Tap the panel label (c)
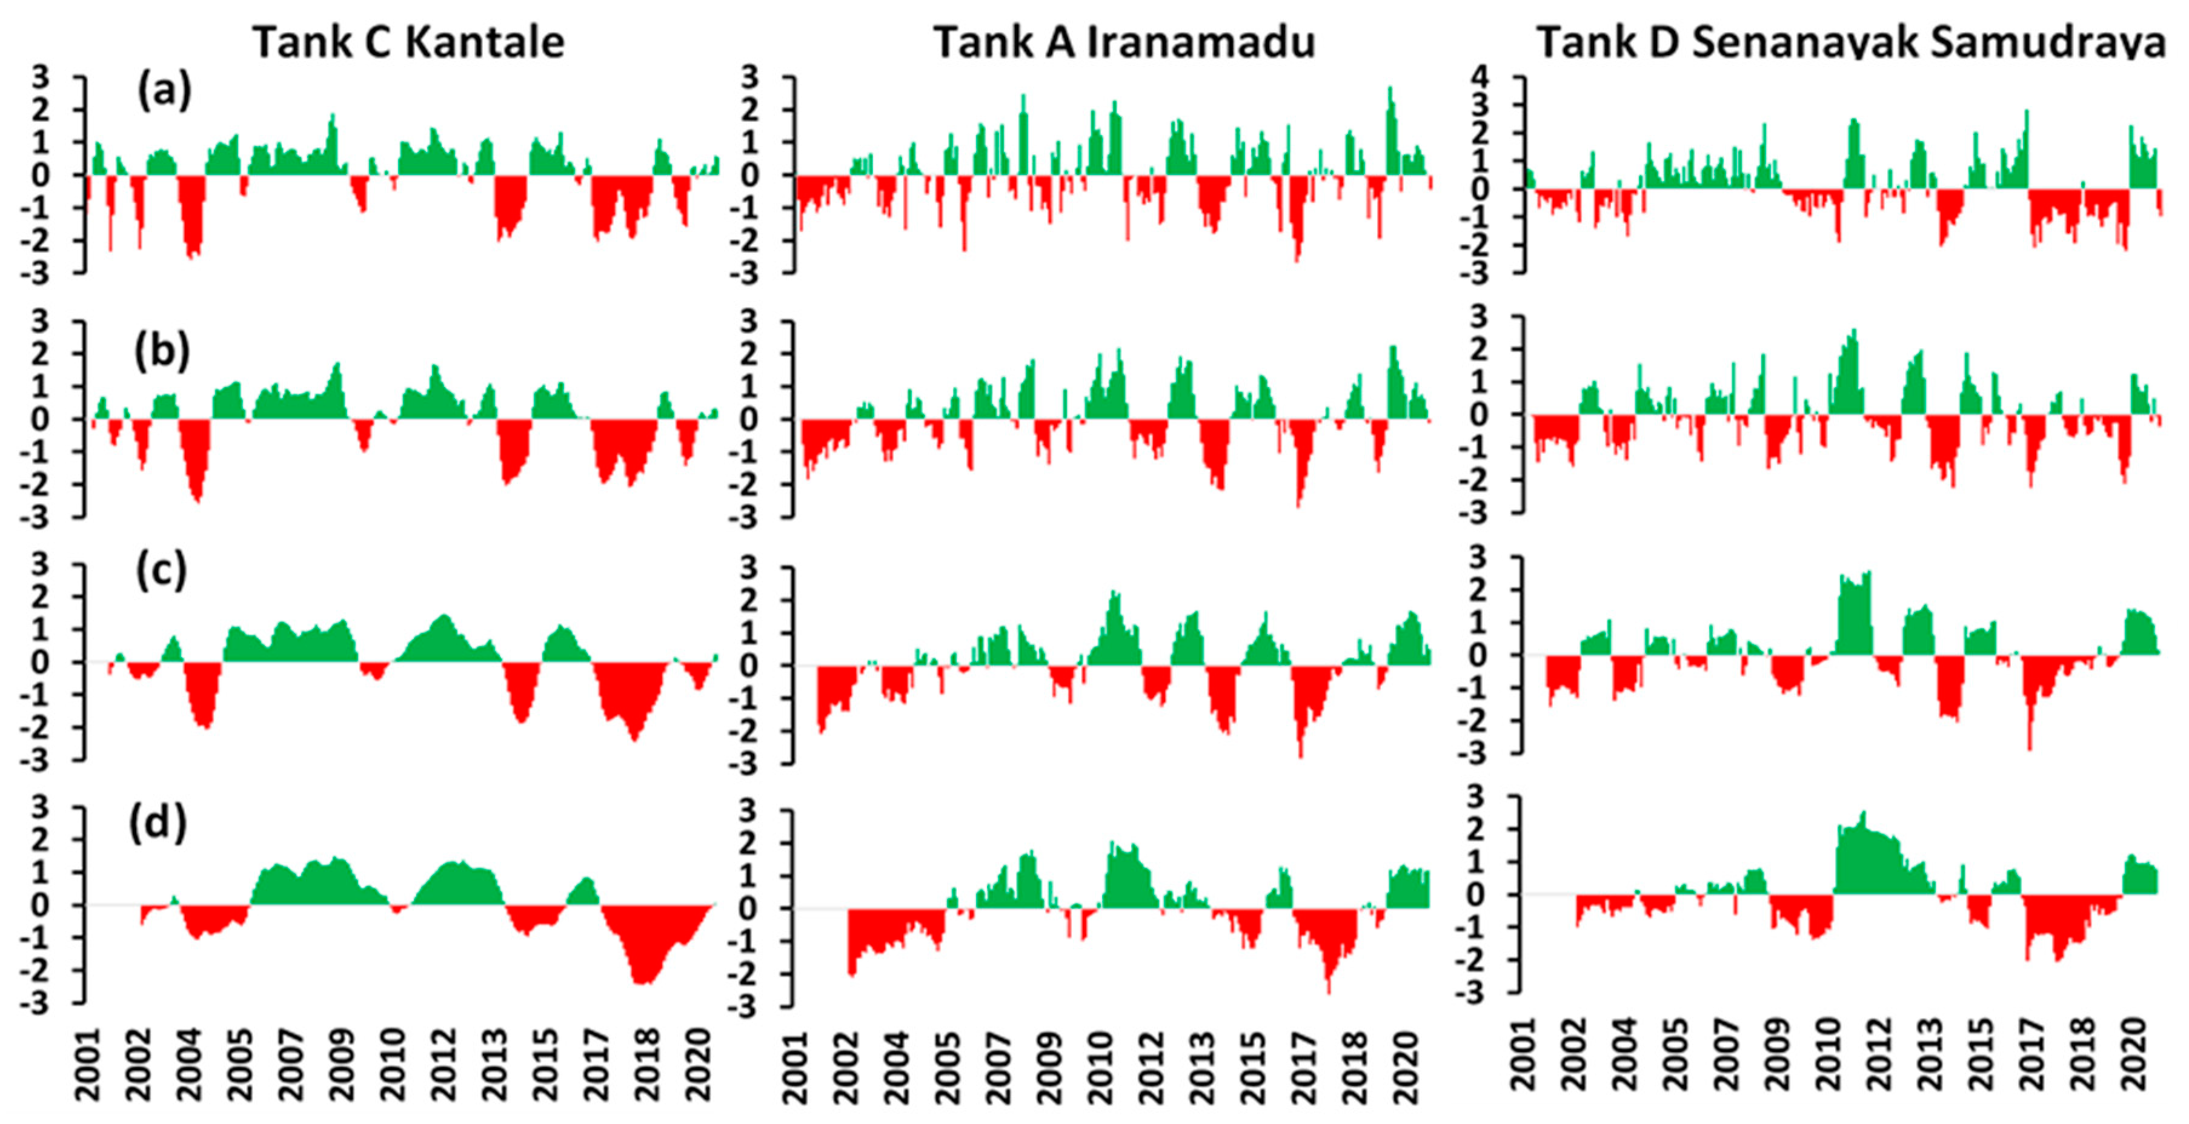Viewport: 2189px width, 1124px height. click(x=161, y=571)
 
